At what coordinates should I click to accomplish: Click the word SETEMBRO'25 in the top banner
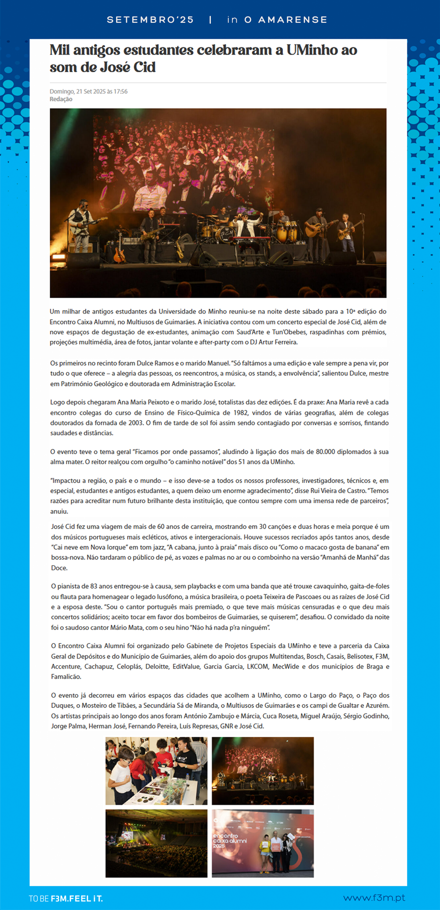point(150,20)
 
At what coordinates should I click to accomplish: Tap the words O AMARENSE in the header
point(286,20)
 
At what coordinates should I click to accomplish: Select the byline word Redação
point(61,99)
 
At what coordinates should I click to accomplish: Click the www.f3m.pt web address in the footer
point(374,898)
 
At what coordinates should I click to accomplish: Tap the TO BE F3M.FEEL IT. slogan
point(66,899)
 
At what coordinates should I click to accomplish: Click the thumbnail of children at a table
point(156,771)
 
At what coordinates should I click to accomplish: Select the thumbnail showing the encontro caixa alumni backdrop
point(263,843)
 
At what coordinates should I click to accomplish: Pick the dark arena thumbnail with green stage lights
point(156,843)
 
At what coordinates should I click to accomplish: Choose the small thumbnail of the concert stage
point(263,771)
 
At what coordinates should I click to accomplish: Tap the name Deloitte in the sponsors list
point(158,666)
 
